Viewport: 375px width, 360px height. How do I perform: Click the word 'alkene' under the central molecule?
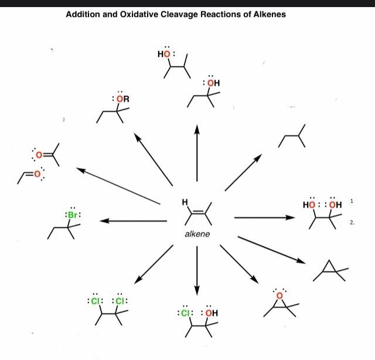tap(197, 234)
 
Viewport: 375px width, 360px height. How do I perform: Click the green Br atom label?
tap(73, 215)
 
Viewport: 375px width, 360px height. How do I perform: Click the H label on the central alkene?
tap(185, 203)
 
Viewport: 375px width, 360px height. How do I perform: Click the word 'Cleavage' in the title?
tap(188, 14)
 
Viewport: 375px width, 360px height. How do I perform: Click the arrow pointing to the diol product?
tap(264, 218)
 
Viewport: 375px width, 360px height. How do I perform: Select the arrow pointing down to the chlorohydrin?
tap(197, 270)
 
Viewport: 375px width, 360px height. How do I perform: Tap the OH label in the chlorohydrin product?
tap(211, 313)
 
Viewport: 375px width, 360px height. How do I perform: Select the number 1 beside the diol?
tap(352, 201)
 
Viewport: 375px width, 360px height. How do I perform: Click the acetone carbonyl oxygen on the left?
tap(39, 155)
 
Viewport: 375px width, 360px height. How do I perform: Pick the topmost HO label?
tap(165, 55)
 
